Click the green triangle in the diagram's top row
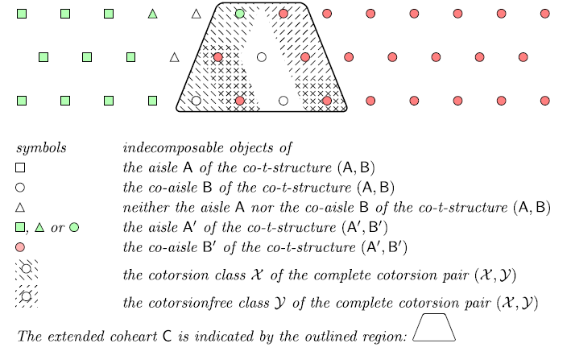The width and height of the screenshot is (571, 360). [152, 14]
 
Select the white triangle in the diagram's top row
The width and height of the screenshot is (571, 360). [196, 14]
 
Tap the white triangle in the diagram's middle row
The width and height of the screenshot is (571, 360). [174, 57]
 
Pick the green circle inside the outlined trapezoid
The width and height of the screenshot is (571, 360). [240, 14]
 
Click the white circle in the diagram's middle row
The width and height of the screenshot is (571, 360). [261, 57]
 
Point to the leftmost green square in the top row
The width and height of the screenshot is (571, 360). [22, 14]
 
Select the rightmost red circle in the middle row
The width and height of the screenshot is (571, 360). [523, 57]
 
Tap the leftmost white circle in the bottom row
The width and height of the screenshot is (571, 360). [196, 101]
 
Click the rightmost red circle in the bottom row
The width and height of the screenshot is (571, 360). [544, 101]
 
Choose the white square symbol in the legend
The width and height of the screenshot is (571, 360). [21, 168]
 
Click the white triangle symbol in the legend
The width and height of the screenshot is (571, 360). [21, 207]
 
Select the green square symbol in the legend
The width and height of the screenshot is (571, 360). [21, 227]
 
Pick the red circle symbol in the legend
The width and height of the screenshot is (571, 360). [21, 246]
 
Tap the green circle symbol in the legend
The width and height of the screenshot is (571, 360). [74, 227]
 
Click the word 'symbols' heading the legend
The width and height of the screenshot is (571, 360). [41, 148]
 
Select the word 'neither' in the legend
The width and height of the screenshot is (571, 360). [143, 207]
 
